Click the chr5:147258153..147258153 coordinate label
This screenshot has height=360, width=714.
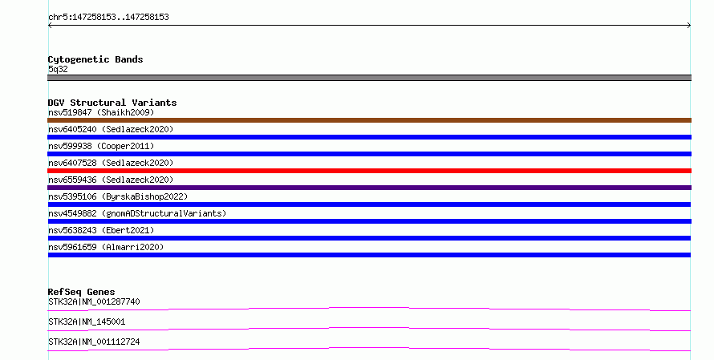coord(108,17)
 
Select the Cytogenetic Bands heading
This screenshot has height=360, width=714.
coord(95,59)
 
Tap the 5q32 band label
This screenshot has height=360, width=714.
coord(58,69)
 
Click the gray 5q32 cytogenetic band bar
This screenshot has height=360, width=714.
coord(369,78)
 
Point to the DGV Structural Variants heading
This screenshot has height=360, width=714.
coord(112,103)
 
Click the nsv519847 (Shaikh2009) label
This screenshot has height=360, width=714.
coord(101,112)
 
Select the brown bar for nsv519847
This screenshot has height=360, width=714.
coord(369,120)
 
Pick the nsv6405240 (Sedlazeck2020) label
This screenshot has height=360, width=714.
coord(111,129)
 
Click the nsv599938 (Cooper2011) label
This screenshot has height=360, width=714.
coord(101,146)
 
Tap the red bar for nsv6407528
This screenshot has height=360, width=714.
coord(369,171)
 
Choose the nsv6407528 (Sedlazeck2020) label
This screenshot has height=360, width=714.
coord(111,163)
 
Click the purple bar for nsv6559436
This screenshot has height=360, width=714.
coord(369,188)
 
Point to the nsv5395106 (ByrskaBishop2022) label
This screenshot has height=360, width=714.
coord(118,196)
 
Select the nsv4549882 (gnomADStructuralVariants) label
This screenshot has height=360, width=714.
coord(137,213)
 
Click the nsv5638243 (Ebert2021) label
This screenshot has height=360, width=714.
coord(101,230)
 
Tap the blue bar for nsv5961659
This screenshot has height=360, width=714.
coord(369,255)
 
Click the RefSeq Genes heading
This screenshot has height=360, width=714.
coord(82,292)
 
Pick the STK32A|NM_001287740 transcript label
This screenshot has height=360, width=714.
coord(94,301)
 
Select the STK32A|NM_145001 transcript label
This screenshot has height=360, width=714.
coord(87,322)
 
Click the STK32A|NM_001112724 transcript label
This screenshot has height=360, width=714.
coord(94,342)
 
